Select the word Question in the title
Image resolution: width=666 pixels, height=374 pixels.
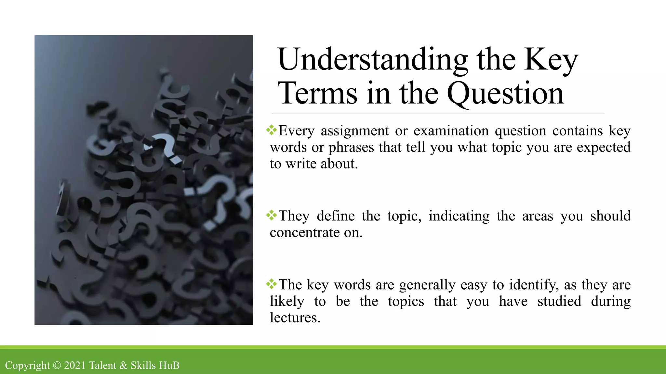[x=505, y=93]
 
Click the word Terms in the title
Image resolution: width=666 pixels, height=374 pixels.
[x=317, y=93]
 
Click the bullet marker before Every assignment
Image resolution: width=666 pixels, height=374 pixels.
[x=272, y=130]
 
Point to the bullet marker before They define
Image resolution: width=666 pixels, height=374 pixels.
[x=272, y=215]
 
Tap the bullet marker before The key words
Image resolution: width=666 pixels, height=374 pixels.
[x=272, y=284]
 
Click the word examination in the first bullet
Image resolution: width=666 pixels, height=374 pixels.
[x=451, y=131]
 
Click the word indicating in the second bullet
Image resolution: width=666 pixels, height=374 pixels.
[x=459, y=216]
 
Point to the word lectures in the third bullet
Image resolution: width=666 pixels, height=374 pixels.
[x=295, y=318]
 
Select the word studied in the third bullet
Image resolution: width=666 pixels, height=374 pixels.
[x=559, y=301]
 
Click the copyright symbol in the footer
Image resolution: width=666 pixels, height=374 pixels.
[x=57, y=366]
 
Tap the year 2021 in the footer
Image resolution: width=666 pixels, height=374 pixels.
[x=74, y=366]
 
